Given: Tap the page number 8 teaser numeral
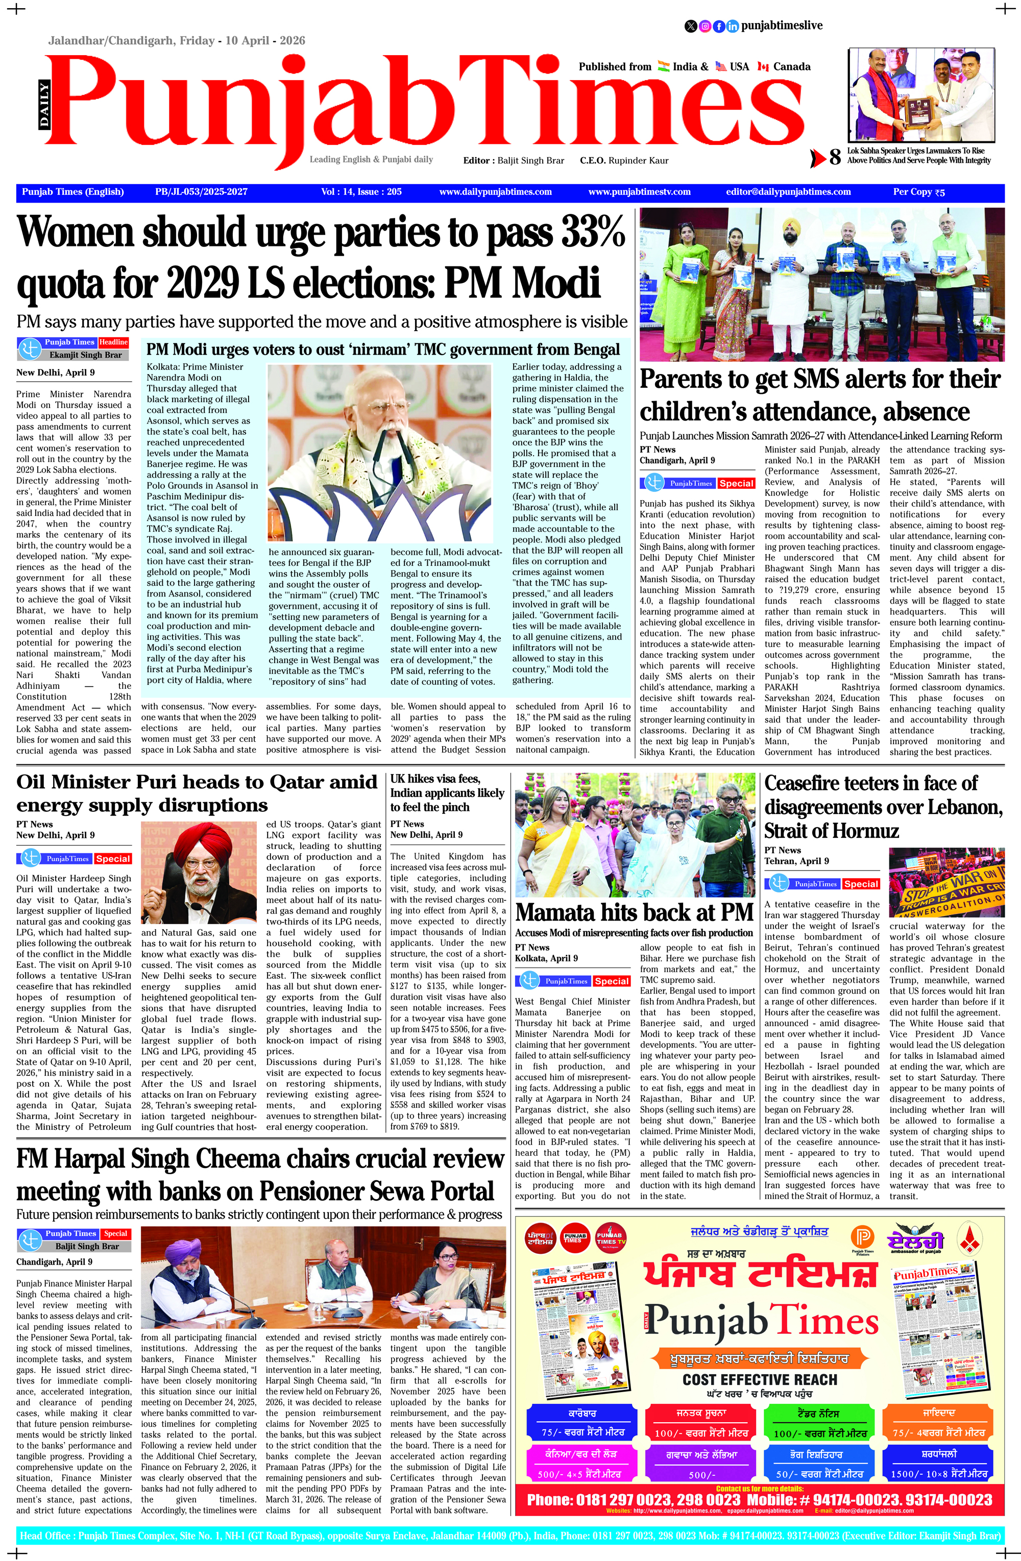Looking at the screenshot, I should (834, 157).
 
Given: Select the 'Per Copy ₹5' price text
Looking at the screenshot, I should (918, 192).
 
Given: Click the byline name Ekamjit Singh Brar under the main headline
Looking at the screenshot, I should (85, 355).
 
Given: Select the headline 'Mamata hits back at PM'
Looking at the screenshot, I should (634, 912).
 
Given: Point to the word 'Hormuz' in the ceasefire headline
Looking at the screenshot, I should (867, 831).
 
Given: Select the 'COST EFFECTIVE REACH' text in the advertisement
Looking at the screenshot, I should (760, 1380).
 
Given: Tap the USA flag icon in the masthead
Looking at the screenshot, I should (721, 66).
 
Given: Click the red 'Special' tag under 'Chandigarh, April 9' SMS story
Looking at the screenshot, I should (736, 483).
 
